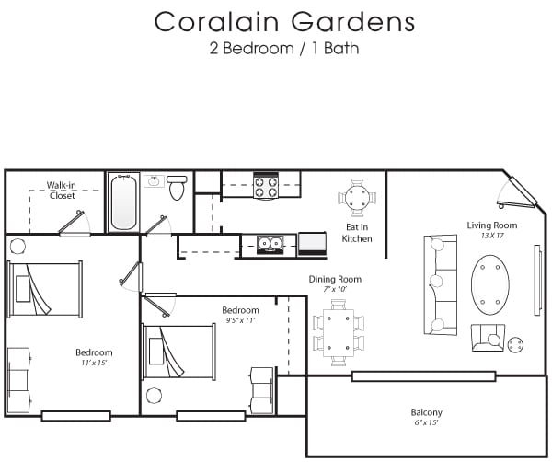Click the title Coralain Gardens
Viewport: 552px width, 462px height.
click(284, 22)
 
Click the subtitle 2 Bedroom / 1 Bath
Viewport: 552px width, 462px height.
click(284, 49)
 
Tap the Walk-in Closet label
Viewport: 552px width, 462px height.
click(62, 191)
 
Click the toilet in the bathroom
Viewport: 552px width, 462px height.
click(177, 188)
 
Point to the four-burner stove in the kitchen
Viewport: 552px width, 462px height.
click(266, 186)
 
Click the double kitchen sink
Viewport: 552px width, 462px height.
click(270, 245)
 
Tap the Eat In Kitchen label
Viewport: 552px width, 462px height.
click(357, 233)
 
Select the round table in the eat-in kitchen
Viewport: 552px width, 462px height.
click(357, 197)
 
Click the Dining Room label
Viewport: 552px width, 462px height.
click(335, 279)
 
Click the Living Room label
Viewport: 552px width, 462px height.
click(491, 225)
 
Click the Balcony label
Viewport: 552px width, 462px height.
click(426, 412)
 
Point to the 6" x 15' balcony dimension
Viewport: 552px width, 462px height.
click(426, 423)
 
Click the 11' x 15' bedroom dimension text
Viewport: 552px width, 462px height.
click(94, 364)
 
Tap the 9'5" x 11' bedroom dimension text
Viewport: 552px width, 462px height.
click(240, 320)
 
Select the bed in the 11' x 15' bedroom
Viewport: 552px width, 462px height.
click(38, 289)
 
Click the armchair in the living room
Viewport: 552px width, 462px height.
click(488, 339)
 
